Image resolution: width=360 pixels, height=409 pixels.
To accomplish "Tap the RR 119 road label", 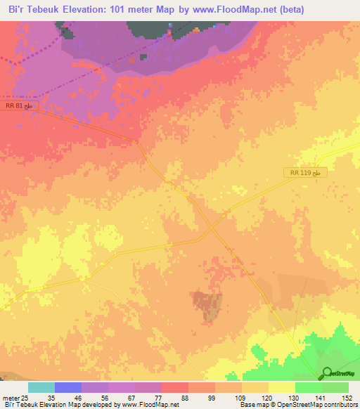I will (x=307, y=172).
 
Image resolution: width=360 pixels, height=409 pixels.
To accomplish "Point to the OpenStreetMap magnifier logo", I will (x=328, y=373).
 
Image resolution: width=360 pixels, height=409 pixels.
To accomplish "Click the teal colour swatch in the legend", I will (x=41, y=387).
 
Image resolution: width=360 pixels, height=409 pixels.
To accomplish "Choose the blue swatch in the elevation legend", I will (x=68, y=387).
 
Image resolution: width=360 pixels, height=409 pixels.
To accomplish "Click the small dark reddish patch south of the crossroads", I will (x=209, y=306).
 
